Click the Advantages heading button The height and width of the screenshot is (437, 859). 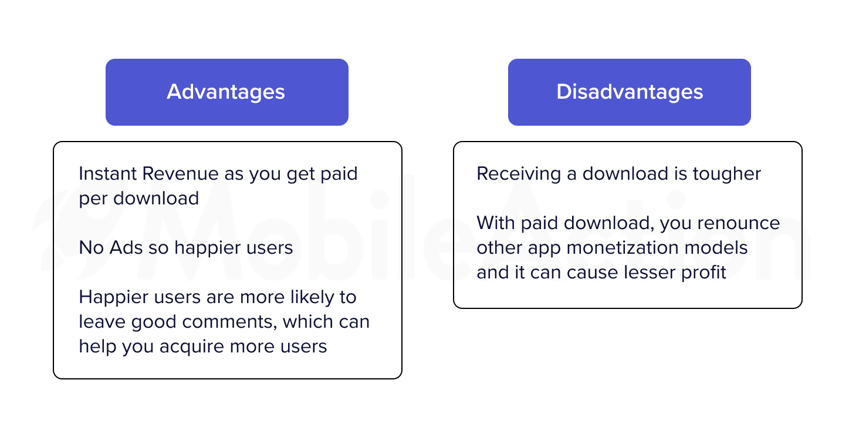pos(227,92)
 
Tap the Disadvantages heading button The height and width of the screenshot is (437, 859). pos(630,92)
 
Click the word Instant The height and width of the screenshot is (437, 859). pos(108,174)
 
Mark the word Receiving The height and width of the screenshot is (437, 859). pos(519,174)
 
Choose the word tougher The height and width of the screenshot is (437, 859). pos(727,174)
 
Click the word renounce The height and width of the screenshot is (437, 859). pos(739,224)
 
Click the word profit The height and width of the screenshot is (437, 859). pos(704,273)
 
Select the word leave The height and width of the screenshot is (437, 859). pos(103,322)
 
